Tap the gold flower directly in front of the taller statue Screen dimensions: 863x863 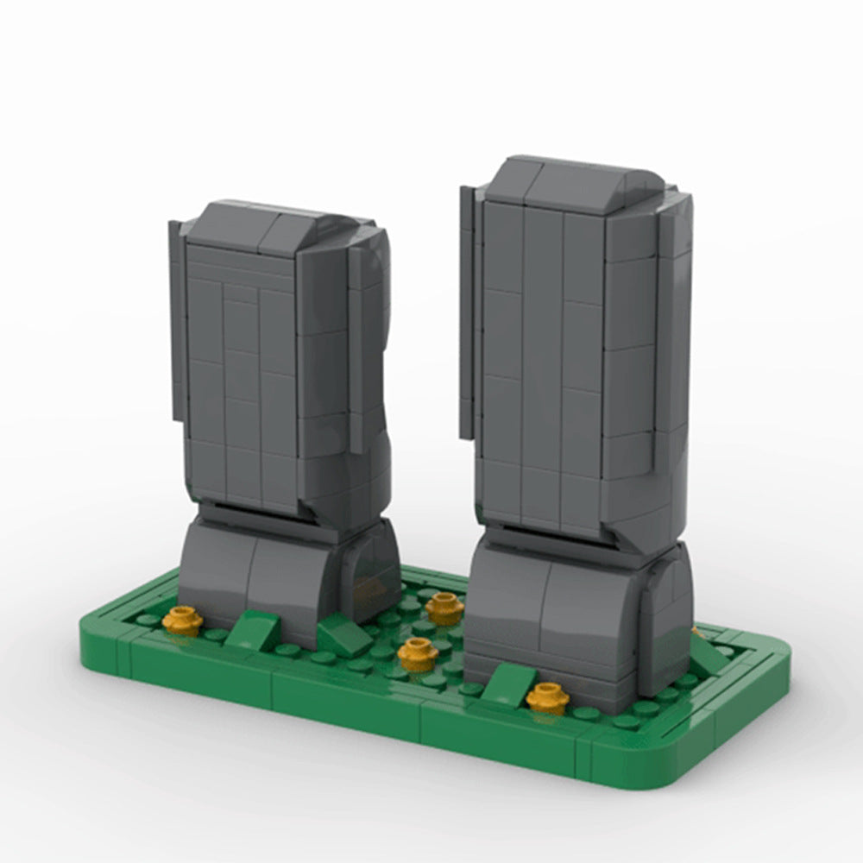point(547,696)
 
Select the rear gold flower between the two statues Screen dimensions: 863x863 point(444,608)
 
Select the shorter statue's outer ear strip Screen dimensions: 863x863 point(178,319)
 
